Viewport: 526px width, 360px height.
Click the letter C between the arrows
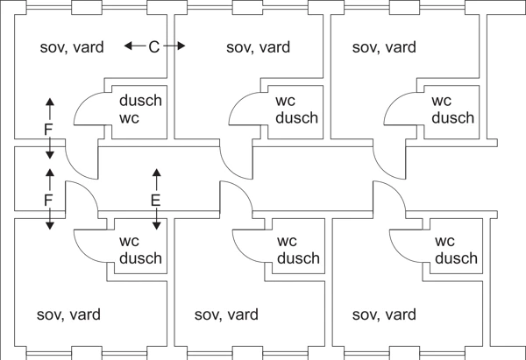tap(154, 46)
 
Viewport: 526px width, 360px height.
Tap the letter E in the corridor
tap(156, 201)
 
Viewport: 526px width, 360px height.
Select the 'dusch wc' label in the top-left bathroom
tap(140, 109)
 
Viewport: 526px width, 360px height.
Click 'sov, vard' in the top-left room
tap(72, 47)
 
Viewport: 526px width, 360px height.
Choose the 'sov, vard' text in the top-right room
tap(384, 47)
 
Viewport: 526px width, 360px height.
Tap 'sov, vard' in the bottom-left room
tap(68, 314)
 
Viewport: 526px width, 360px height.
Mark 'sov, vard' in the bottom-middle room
tap(226, 314)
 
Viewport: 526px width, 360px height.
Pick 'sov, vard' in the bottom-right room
tap(383, 314)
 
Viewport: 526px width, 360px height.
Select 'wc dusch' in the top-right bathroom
tap(453, 109)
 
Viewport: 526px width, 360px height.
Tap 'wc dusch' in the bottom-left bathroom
tap(140, 250)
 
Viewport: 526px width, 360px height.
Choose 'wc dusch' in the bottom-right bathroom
tap(456, 250)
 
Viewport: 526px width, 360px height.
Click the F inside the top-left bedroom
tap(49, 130)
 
